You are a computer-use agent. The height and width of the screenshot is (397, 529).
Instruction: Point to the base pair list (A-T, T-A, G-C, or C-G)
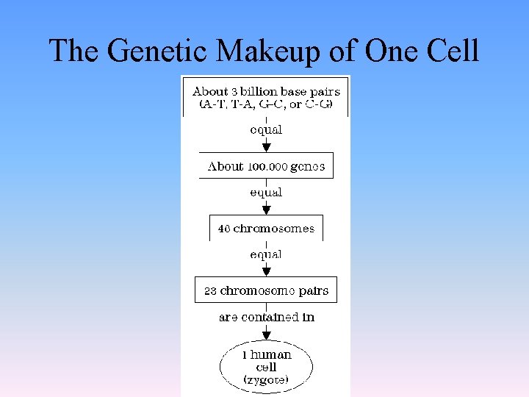[x=266, y=105]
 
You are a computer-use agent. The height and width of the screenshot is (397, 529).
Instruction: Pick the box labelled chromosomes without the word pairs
[x=266, y=229]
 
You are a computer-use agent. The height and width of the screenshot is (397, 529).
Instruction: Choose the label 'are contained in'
[x=266, y=318]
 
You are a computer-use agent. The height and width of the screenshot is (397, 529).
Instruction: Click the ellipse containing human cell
[x=266, y=366]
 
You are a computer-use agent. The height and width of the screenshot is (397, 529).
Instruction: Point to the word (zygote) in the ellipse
[x=266, y=380]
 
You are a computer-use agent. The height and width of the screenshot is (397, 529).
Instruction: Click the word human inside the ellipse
[x=270, y=354]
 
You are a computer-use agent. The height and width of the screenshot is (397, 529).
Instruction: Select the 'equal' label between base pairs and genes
[x=266, y=129]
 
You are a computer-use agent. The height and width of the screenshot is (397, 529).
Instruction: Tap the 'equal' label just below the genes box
[x=266, y=193]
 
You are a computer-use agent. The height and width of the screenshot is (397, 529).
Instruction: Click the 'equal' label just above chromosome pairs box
[x=266, y=254]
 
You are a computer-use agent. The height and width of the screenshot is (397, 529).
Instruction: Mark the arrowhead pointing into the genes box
[x=266, y=147]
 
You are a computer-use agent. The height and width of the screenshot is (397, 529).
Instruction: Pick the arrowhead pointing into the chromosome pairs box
[x=266, y=271]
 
